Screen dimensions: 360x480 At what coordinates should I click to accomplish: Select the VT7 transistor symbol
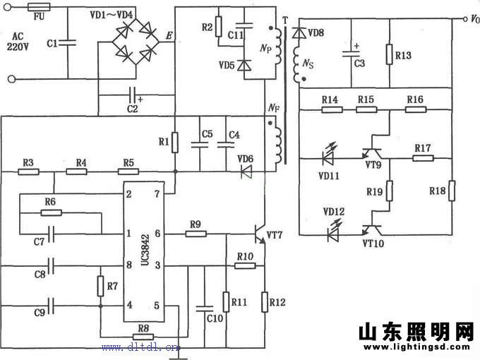[259, 234]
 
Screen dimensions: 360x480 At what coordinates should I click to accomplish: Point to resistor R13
[389, 55]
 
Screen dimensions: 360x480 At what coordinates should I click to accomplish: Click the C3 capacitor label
[359, 64]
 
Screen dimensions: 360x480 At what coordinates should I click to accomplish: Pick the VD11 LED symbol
[328, 154]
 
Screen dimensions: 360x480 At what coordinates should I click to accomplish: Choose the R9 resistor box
[196, 234]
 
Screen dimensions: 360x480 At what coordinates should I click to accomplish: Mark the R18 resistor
[451, 191]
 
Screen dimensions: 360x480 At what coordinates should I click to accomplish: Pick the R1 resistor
[176, 143]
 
